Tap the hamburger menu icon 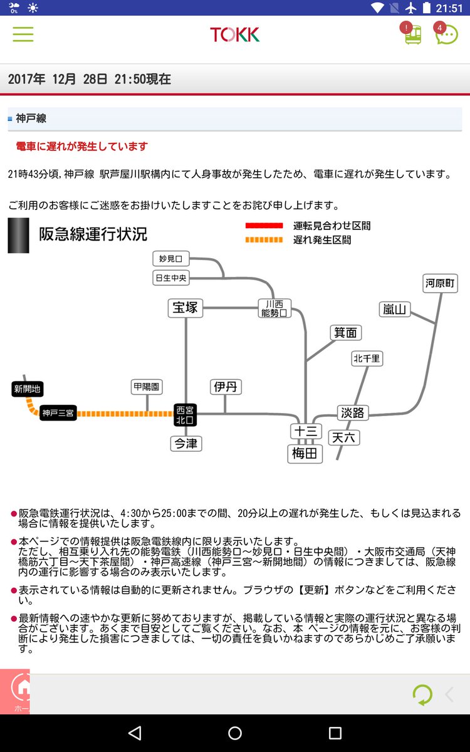click(x=23, y=34)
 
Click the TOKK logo click(x=234, y=34)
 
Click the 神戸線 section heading click(x=31, y=118)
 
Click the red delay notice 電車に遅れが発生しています click(x=82, y=147)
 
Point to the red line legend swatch click(x=264, y=226)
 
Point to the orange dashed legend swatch click(x=264, y=239)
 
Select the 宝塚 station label click(x=185, y=308)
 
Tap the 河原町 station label click(x=440, y=283)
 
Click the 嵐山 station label click(x=394, y=309)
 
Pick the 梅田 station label click(x=305, y=454)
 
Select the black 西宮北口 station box click(x=185, y=415)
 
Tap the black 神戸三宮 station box click(x=58, y=413)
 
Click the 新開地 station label click(x=27, y=389)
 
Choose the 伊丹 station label click(x=226, y=387)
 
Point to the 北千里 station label click(x=367, y=358)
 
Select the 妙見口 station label click(x=171, y=258)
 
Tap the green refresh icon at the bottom click(x=422, y=694)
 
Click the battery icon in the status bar click(x=426, y=8)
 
